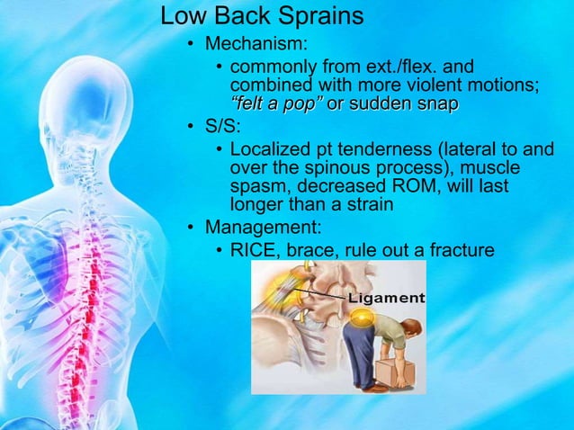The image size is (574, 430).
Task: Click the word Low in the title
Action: click(182, 15)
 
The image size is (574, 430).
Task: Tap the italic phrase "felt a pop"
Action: click(276, 104)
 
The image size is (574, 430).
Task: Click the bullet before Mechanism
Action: click(191, 44)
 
